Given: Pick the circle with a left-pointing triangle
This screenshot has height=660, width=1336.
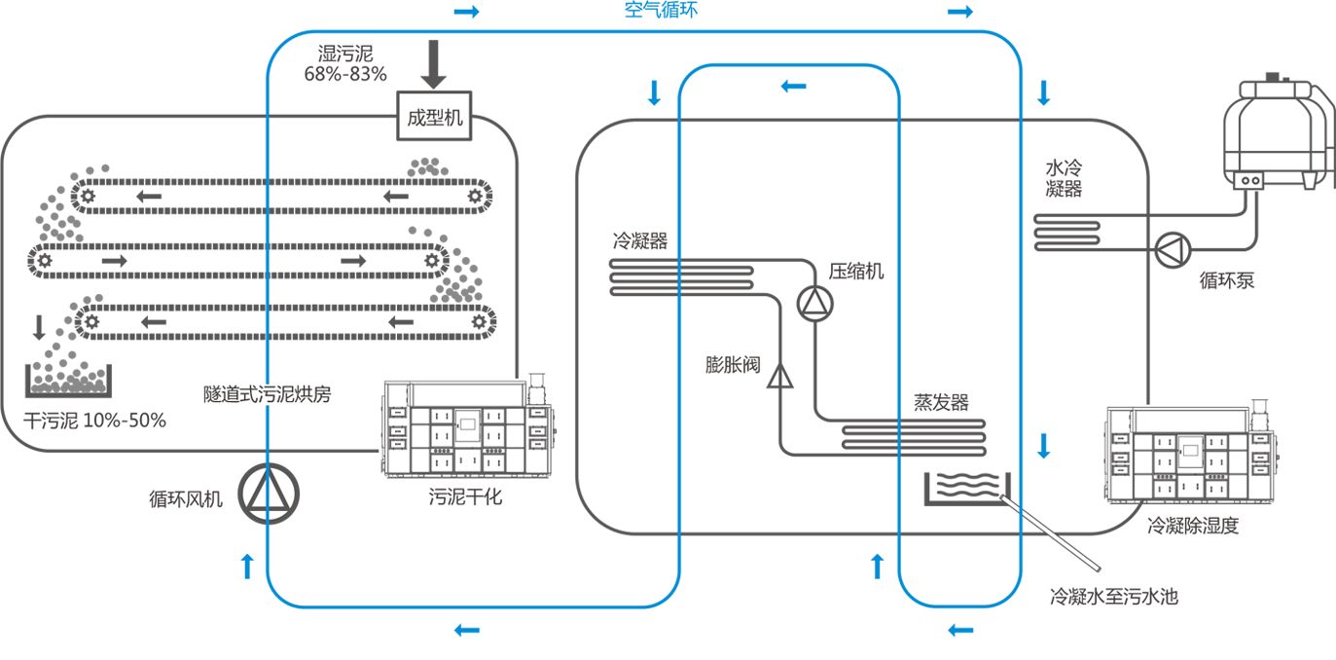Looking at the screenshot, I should [x=1173, y=251].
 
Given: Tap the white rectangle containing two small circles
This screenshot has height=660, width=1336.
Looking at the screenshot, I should [x=1248, y=180].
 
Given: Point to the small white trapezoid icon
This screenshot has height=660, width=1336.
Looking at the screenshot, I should [x=1309, y=182].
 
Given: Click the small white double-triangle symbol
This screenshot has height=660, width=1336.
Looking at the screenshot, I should [x=776, y=379].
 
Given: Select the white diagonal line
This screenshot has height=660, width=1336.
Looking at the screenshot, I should [x=1051, y=533].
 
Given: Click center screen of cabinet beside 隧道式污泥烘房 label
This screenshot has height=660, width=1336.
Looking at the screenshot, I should [x=467, y=424].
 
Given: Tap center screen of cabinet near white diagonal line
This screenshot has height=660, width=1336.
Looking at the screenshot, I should [x=1189, y=451].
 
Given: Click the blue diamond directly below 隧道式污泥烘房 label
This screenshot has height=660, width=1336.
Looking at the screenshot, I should [x=266, y=424].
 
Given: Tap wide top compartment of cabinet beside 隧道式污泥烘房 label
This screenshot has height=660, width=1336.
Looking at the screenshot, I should [x=467, y=395].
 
